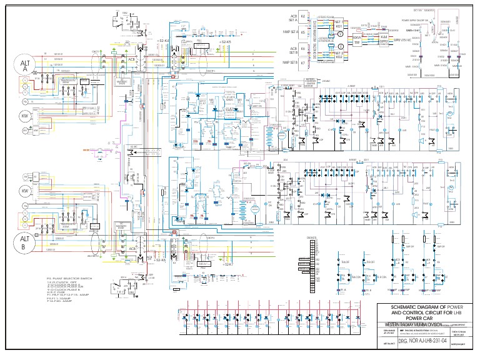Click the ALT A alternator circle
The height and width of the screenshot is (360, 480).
(26, 66)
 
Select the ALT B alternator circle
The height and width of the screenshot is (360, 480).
(25, 242)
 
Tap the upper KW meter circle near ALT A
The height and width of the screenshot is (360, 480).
(26, 116)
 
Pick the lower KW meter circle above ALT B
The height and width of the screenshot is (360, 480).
(26, 191)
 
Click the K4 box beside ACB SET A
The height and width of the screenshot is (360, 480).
(303, 16)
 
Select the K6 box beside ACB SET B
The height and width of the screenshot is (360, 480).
(303, 48)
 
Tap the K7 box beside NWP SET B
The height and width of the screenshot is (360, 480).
(303, 62)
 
